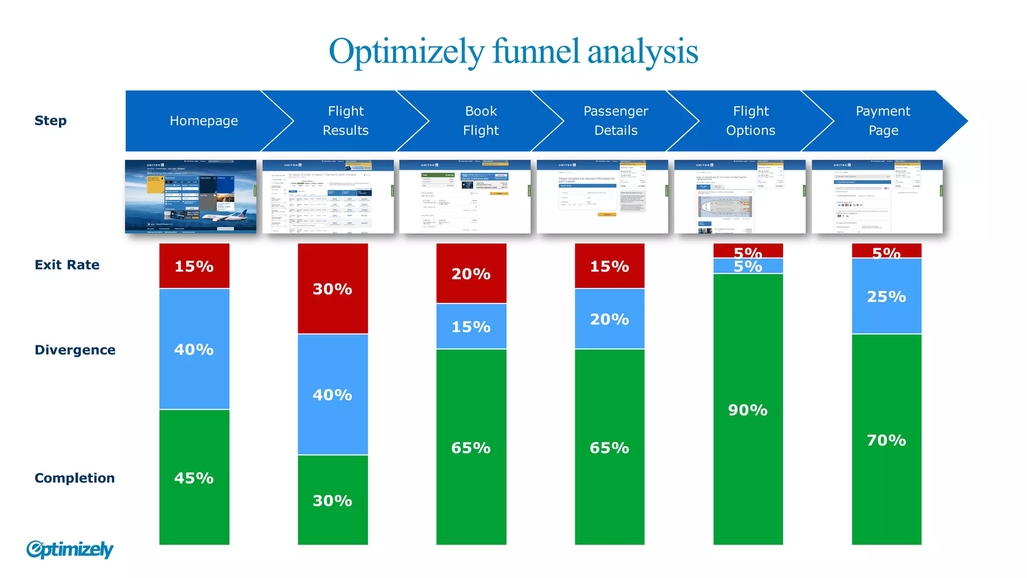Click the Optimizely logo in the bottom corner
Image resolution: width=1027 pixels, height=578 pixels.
point(70,549)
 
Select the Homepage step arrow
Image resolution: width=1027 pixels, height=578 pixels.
point(204,121)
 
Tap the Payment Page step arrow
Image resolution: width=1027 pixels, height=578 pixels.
point(883,121)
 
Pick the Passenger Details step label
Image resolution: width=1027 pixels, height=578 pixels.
point(616,121)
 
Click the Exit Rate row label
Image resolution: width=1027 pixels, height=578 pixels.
point(67,265)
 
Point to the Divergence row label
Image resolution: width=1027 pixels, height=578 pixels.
point(75,350)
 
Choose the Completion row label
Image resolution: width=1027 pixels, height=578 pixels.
point(74,478)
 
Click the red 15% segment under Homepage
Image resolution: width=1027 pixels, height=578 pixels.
point(194,266)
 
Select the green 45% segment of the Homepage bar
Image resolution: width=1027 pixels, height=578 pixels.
point(194,478)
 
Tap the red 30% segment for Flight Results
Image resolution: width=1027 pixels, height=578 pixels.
point(332,288)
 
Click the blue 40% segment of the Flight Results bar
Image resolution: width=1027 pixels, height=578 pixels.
point(332,395)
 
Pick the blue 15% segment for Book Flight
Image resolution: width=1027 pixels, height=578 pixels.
point(471,327)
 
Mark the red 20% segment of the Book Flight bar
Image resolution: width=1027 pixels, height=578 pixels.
point(471,273)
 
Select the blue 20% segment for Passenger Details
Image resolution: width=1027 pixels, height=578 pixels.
point(609,319)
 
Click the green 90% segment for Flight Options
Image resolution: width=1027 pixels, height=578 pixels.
point(748,410)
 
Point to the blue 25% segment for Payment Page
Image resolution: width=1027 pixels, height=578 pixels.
point(886,297)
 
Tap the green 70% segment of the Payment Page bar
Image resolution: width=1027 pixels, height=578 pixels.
point(886,440)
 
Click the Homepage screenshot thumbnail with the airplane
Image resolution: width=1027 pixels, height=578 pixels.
point(191,197)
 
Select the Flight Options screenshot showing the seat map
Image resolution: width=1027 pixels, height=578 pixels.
point(740,197)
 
